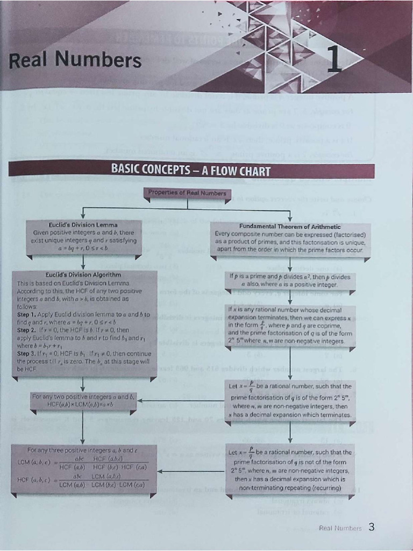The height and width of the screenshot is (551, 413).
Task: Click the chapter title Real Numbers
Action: [75, 60]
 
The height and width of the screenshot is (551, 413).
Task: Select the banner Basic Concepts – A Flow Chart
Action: [190, 171]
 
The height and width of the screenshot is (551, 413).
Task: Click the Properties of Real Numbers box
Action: [187, 193]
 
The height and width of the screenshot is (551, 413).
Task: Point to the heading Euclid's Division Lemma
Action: [83, 224]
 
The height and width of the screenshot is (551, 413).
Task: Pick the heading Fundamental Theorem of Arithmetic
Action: [290, 227]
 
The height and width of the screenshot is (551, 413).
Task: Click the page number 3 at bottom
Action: [371, 527]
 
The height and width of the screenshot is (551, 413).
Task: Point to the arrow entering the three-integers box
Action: [161, 472]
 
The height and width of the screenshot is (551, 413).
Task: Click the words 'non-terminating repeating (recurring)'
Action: [290, 488]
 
